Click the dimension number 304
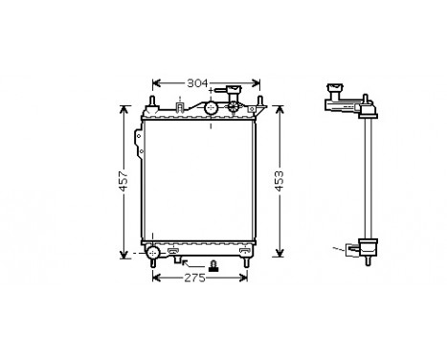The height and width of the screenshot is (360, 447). (196, 82)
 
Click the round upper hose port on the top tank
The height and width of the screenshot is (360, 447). (211, 108)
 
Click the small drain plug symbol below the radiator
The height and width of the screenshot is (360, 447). (213, 264)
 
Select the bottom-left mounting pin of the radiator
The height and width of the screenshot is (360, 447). (153, 261)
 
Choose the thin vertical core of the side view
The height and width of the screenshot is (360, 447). (366, 172)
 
